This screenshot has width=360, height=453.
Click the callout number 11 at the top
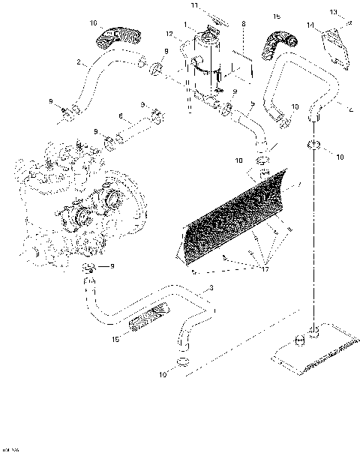pos(193,6)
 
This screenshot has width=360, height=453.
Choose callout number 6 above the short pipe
pos(120,115)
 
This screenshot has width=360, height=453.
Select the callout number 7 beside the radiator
pos(300,184)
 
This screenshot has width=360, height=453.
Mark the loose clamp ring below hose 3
pos(180,364)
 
